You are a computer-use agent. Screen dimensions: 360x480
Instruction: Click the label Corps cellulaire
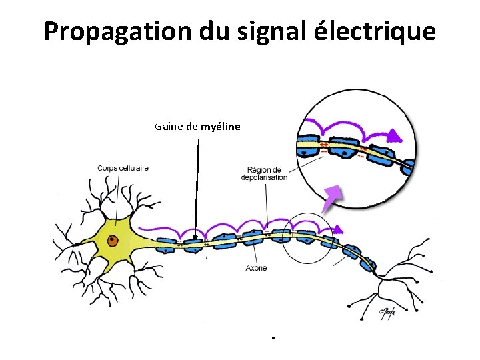click(x=123, y=168)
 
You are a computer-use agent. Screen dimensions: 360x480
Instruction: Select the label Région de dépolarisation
click(x=264, y=173)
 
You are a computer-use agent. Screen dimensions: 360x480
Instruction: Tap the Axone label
click(x=256, y=268)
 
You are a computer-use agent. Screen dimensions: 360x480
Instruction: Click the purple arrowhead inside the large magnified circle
click(x=396, y=137)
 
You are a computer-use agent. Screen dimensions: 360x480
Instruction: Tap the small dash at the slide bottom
click(x=273, y=339)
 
